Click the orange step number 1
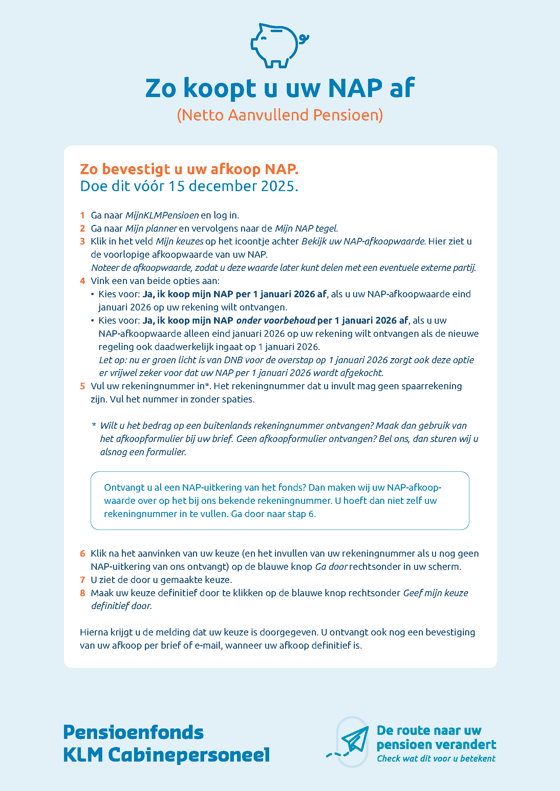pyautogui.click(x=82, y=215)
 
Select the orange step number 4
pyautogui.click(x=82, y=281)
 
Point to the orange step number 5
pyautogui.click(x=82, y=386)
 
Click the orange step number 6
pyautogui.click(x=82, y=554)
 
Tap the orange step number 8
pyautogui.click(x=82, y=593)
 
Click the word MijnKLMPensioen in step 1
pyautogui.click(x=162, y=215)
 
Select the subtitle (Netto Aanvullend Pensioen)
pyautogui.click(x=280, y=115)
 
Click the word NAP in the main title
pyautogui.click(x=355, y=88)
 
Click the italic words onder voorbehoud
pyautogui.click(x=276, y=320)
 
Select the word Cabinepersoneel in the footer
pyautogui.click(x=189, y=755)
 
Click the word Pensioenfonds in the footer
pyautogui.click(x=133, y=732)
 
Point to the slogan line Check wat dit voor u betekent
pyautogui.click(x=436, y=758)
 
